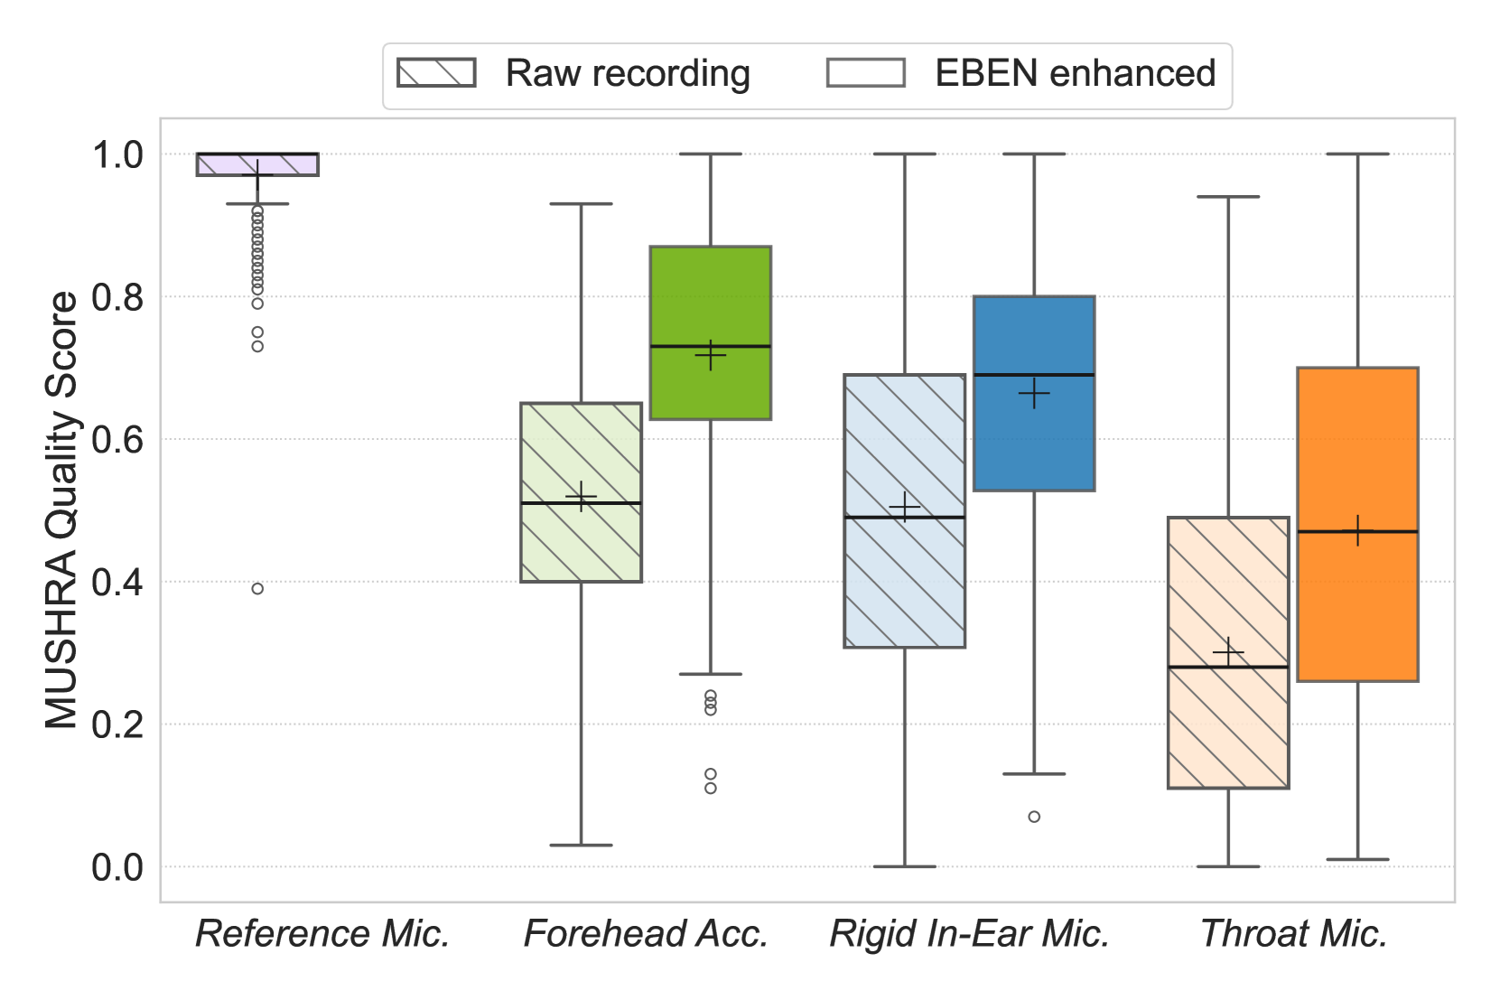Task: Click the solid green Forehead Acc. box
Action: pos(710,298)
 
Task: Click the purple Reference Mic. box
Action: pos(257,164)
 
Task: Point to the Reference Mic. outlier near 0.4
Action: pos(257,589)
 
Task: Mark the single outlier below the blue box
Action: pos(1034,817)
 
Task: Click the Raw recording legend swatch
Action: pos(436,73)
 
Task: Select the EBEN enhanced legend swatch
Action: pos(865,73)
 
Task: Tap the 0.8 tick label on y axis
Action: pos(117,297)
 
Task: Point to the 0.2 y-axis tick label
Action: pos(117,724)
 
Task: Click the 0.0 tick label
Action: pos(117,867)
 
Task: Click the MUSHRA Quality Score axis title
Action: pos(61,510)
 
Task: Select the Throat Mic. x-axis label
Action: pos(1293,934)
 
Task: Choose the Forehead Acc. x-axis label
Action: pos(646,934)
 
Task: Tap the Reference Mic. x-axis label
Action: pos(322,934)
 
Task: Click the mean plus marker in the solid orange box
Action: pos(1357,531)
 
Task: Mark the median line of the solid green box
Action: pos(710,346)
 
